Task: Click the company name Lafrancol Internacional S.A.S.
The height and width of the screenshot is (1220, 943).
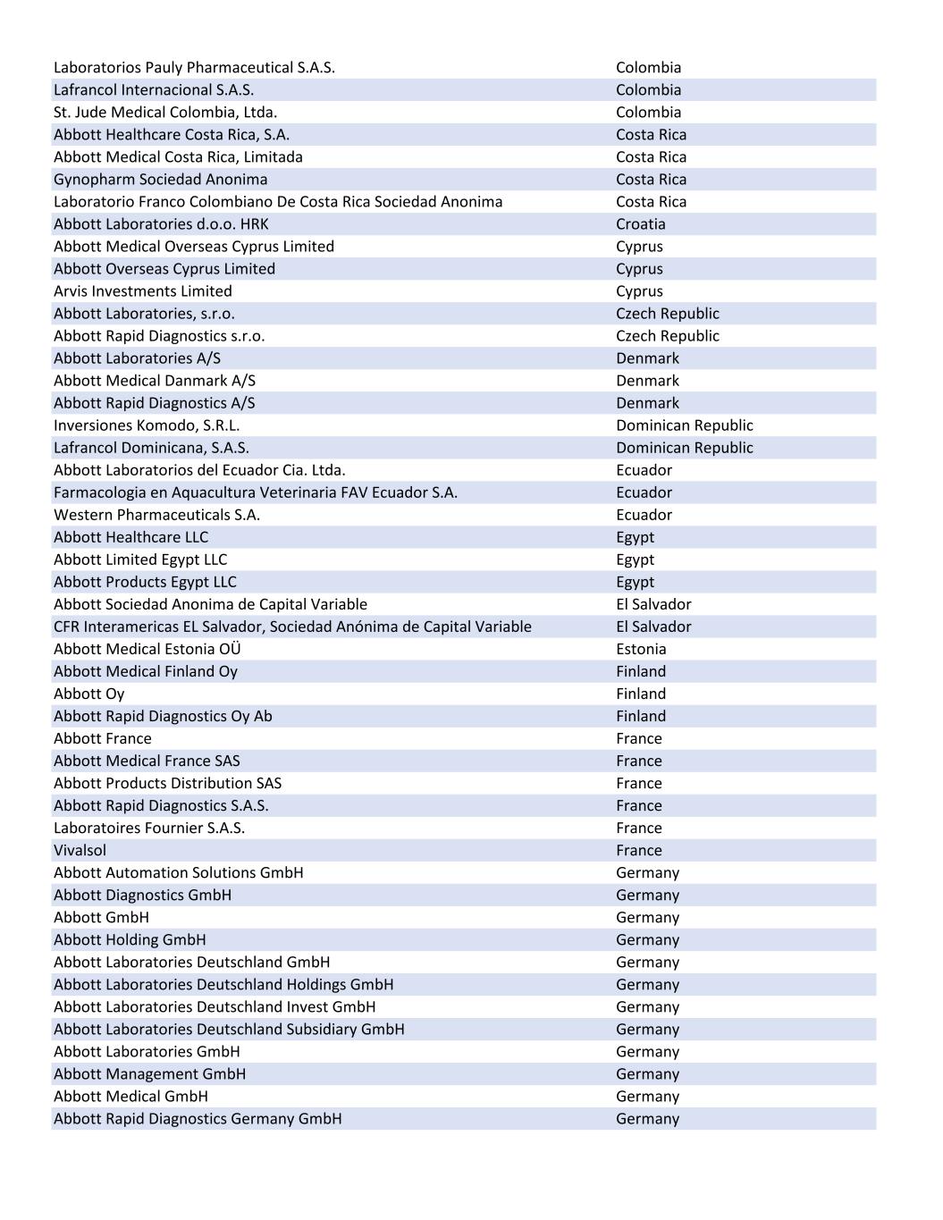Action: (x=154, y=90)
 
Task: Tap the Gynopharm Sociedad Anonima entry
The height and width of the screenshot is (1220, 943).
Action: (x=160, y=180)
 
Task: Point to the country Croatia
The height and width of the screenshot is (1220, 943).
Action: (x=640, y=224)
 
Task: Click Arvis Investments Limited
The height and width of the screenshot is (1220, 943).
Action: (x=142, y=291)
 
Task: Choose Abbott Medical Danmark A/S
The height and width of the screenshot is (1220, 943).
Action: (x=154, y=381)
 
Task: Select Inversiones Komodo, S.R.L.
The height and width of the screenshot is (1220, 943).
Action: (x=147, y=425)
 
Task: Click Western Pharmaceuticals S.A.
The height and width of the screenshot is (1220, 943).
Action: (x=156, y=515)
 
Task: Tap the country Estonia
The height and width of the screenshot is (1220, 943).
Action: (x=641, y=649)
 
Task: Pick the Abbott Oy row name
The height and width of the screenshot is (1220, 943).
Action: (x=88, y=694)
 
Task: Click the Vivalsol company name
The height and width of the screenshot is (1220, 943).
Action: (x=80, y=850)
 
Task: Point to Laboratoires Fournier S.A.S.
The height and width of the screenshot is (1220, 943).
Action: (x=148, y=828)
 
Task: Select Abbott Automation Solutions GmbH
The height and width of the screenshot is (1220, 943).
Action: (x=178, y=872)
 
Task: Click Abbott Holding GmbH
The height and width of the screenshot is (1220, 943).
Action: (x=130, y=939)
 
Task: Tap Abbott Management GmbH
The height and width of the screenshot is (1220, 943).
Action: (x=149, y=1073)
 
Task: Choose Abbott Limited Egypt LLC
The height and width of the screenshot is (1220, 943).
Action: (x=140, y=560)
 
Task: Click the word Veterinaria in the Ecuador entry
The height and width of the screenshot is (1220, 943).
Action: (x=298, y=492)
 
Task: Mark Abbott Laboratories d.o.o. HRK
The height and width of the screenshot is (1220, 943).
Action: (x=161, y=224)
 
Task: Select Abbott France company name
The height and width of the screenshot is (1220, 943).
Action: (x=103, y=738)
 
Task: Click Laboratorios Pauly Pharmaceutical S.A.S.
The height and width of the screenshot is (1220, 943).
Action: (x=194, y=68)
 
